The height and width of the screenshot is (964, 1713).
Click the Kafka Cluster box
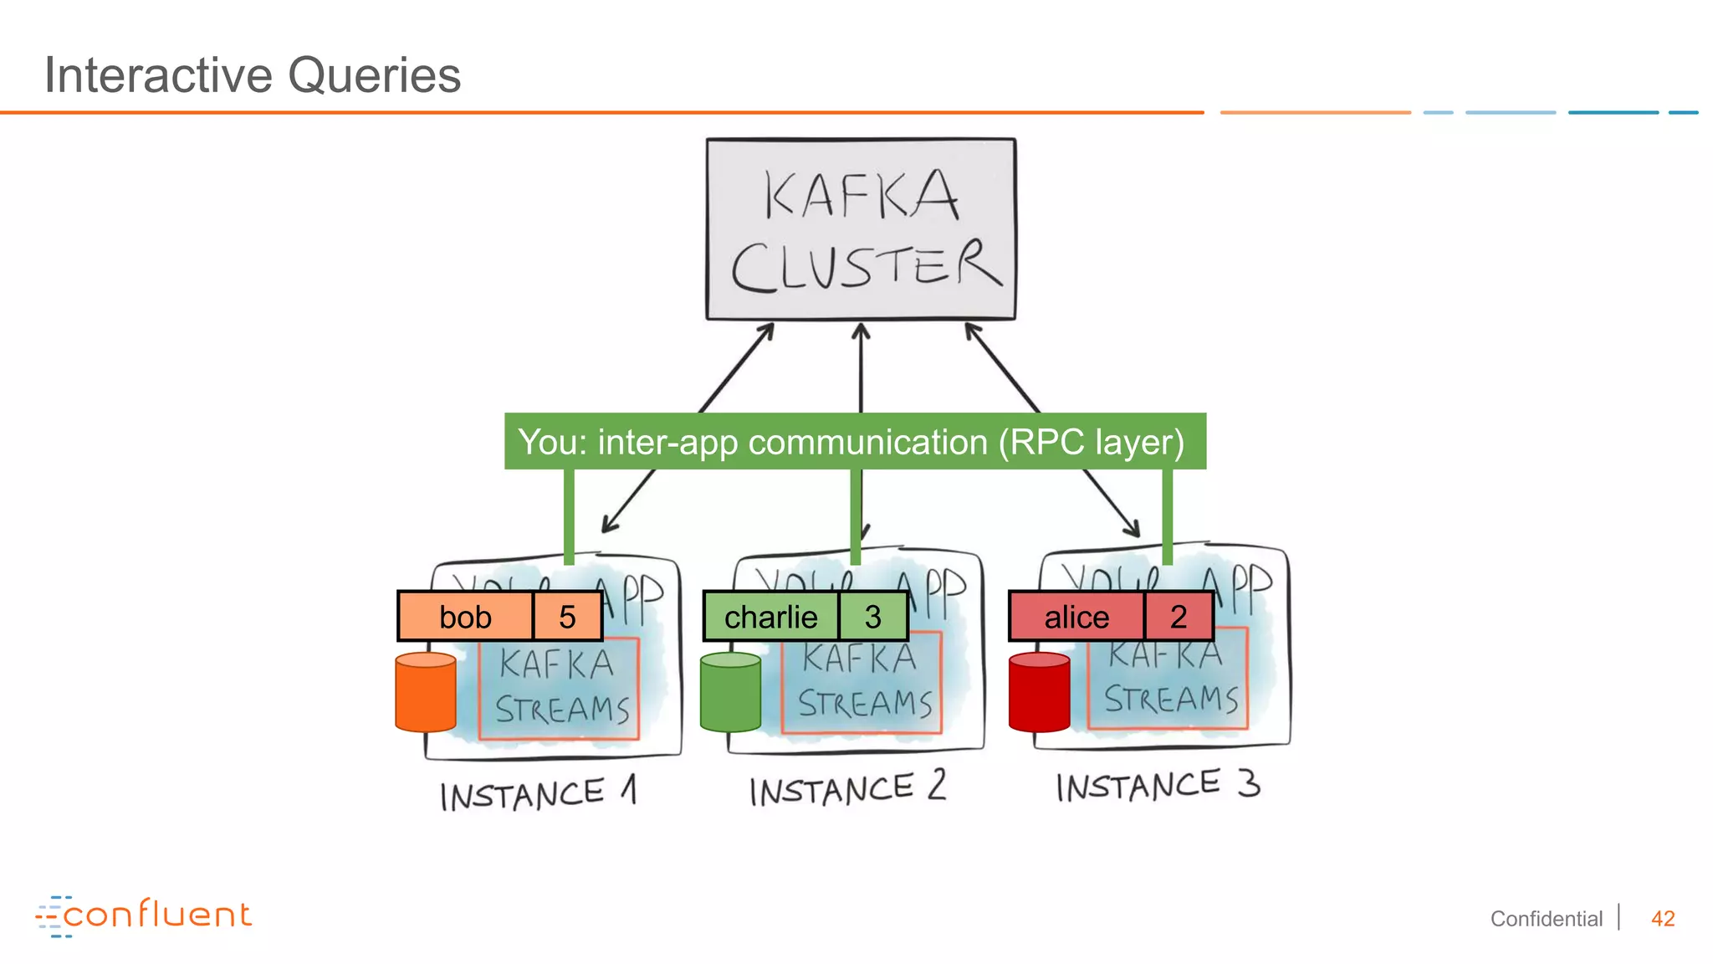861,229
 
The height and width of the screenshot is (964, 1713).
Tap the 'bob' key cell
465,617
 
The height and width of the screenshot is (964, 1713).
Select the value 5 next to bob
567,617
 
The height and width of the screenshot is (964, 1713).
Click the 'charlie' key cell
770,617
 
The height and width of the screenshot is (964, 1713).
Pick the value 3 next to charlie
872,617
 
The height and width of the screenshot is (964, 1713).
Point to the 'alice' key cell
1076,617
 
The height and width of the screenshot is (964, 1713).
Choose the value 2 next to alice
1178,617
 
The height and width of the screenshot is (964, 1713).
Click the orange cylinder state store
426,693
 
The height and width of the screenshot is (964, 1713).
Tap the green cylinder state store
730,693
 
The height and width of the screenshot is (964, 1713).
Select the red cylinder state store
1039,693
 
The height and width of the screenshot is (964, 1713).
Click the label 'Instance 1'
538,793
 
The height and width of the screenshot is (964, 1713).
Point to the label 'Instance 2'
846,789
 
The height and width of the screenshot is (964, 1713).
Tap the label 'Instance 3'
1157,786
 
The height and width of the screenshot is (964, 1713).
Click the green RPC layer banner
854,441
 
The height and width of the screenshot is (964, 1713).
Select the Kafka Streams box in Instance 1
559,688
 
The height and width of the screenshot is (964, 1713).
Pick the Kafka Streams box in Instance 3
1168,679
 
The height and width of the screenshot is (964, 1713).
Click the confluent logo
143,915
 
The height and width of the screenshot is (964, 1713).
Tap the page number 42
1662,919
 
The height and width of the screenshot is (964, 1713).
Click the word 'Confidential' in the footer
1546,919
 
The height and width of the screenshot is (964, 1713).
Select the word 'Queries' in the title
374,75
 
